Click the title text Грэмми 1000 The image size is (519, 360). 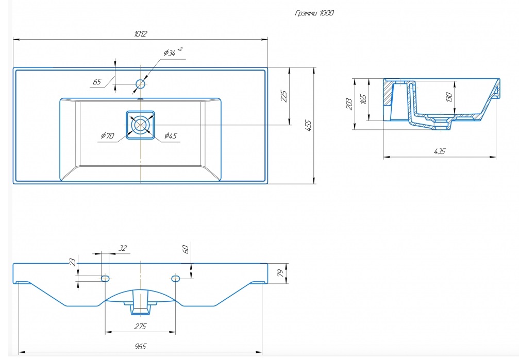[314, 13]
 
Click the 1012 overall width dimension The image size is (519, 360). [140, 34]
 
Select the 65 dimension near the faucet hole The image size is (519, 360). [97, 82]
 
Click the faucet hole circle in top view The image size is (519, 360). [141, 84]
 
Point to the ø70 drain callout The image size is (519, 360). [108, 135]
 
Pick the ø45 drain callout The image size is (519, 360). [171, 135]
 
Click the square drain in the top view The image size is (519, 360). [140, 125]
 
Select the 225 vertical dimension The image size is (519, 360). [283, 96]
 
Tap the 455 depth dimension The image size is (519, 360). [308, 126]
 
